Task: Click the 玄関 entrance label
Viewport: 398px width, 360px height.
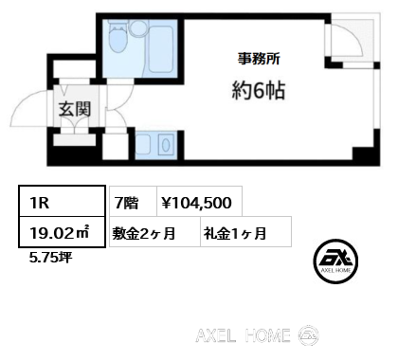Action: [75, 109]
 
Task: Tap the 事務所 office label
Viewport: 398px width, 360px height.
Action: [258, 58]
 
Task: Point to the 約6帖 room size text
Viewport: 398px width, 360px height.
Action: [258, 93]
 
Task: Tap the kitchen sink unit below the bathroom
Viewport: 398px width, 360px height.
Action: [153, 145]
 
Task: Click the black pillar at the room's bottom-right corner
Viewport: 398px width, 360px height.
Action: [359, 152]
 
